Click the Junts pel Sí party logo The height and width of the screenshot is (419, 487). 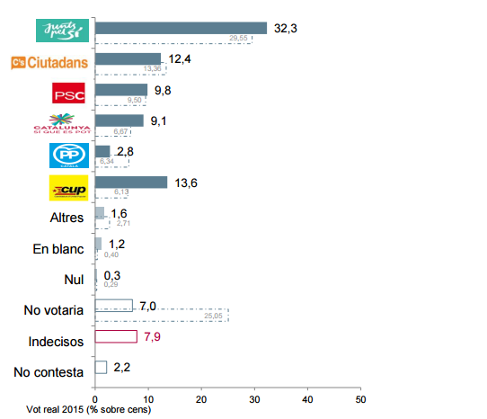60,30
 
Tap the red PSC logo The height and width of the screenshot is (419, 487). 68,94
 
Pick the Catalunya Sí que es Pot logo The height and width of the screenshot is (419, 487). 68,125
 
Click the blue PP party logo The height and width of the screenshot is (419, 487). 68,156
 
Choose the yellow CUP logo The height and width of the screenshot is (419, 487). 68,187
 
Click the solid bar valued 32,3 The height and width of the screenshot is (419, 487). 181,28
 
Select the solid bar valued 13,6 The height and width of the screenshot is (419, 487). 131,183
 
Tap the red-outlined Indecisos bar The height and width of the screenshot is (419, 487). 116,336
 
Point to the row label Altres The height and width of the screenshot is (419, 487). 66,218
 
